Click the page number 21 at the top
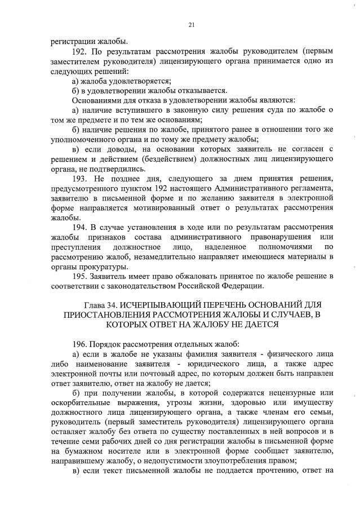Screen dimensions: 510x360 [x=191, y=25]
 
